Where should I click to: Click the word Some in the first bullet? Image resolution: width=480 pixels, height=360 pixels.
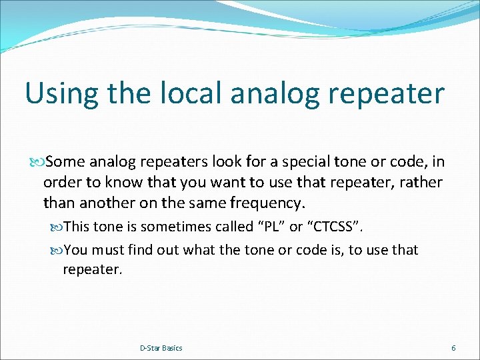(x=65, y=162)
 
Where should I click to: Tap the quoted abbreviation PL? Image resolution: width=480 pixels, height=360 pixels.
(x=271, y=227)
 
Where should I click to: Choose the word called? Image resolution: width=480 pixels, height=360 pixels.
(x=233, y=227)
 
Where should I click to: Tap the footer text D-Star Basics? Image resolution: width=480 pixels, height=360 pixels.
(x=161, y=348)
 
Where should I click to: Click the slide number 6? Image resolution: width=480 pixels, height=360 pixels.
(x=453, y=348)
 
